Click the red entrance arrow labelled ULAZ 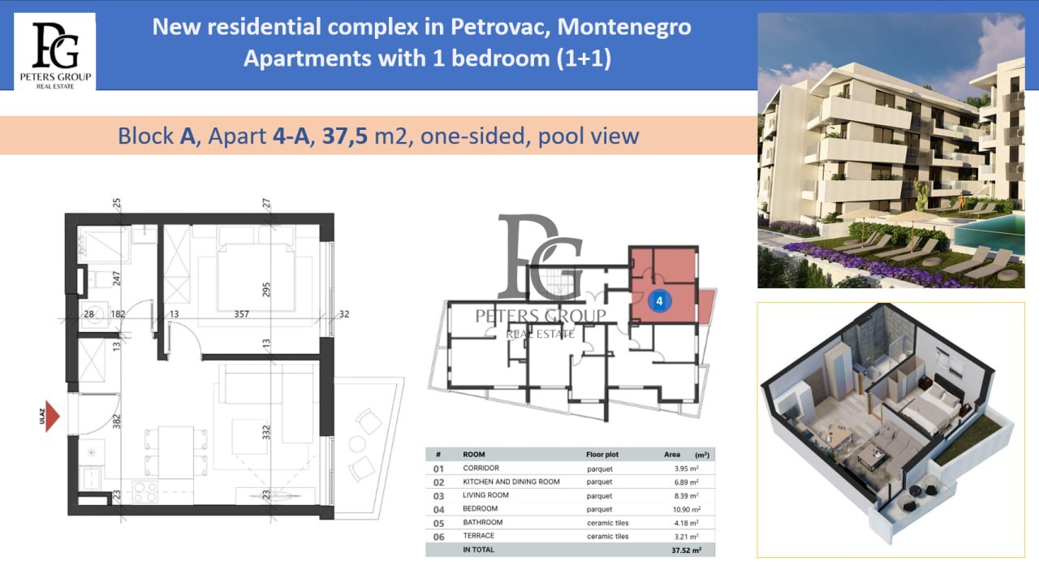coord(53,416)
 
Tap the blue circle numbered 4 coord(659,301)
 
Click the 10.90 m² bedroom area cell coord(687,509)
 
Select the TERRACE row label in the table coord(478,536)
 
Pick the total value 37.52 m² coord(686,551)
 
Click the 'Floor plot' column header coord(602,455)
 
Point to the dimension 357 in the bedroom coord(241,314)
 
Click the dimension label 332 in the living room coord(265,432)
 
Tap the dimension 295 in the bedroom coord(265,290)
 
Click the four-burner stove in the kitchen coord(145,492)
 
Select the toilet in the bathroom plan coord(98,279)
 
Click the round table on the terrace coord(357,444)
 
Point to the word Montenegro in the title coord(624,27)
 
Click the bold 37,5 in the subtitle coord(345,136)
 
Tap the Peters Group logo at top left coord(55,52)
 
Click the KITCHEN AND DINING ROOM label coord(511,481)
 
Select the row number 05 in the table coord(438,523)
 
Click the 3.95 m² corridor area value coord(687,469)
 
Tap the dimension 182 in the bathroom coord(118,313)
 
